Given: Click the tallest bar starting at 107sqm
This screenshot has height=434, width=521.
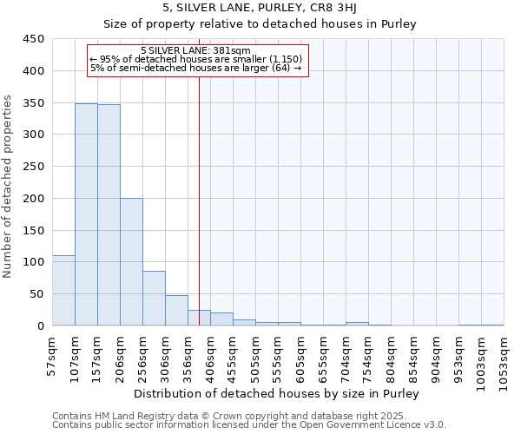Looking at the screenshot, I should (86, 214).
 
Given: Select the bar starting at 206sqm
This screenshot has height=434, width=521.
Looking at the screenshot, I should (131, 262).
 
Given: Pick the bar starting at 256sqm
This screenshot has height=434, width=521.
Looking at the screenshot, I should (154, 299).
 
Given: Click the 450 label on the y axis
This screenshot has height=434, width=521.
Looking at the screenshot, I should (34, 39).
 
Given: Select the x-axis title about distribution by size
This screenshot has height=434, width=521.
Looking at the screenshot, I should (278, 394).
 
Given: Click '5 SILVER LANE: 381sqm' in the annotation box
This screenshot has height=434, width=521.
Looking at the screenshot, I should (195, 50).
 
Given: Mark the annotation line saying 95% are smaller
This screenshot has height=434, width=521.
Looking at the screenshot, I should (196, 59).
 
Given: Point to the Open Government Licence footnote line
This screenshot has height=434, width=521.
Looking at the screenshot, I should (249, 425).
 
